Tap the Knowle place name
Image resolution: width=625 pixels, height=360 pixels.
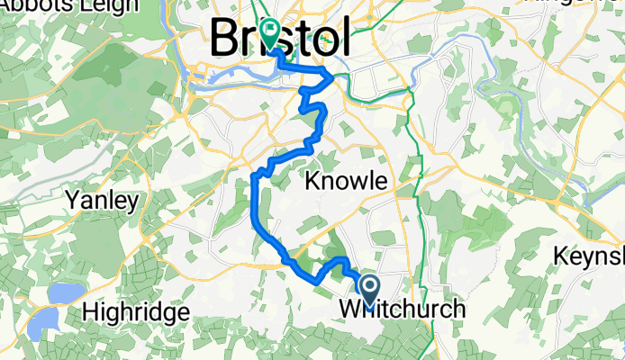point(346,182)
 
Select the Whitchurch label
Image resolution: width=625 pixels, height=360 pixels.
point(403,310)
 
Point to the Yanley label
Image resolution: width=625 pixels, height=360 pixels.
point(101,199)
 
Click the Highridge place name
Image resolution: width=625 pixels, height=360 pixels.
point(135,312)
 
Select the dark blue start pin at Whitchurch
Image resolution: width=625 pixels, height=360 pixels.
point(370,289)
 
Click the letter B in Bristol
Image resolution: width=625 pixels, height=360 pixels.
point(224,38)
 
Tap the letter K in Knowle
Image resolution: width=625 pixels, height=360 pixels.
point(312,182)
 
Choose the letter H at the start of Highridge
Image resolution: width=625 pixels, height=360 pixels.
point(89,312)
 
